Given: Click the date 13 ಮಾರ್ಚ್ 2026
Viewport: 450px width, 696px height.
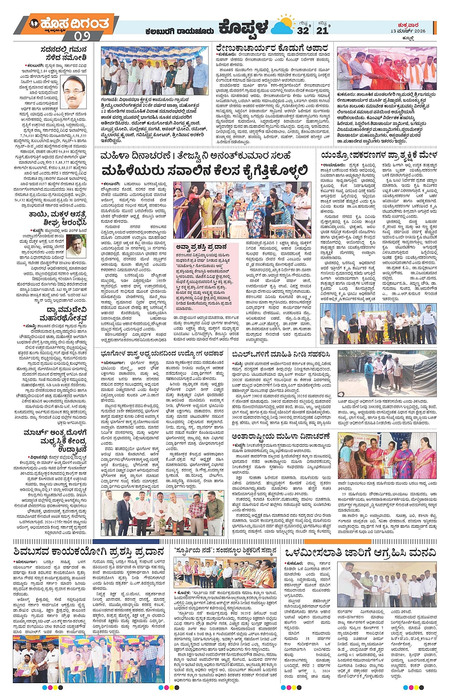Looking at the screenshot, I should (x=408, y=31).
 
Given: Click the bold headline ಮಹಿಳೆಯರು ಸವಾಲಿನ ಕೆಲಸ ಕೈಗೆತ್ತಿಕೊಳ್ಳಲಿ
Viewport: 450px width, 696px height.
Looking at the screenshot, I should (x=204, y=171).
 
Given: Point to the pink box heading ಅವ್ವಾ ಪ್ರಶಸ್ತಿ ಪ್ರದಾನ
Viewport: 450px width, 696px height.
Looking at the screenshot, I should (x=201, y=247).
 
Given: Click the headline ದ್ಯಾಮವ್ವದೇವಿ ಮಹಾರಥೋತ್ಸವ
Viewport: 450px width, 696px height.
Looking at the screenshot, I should (x=56, y=314).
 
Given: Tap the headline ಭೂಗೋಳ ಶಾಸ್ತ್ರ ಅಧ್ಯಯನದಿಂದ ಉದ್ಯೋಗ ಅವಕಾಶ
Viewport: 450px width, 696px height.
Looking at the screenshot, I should (x=162, y=353).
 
